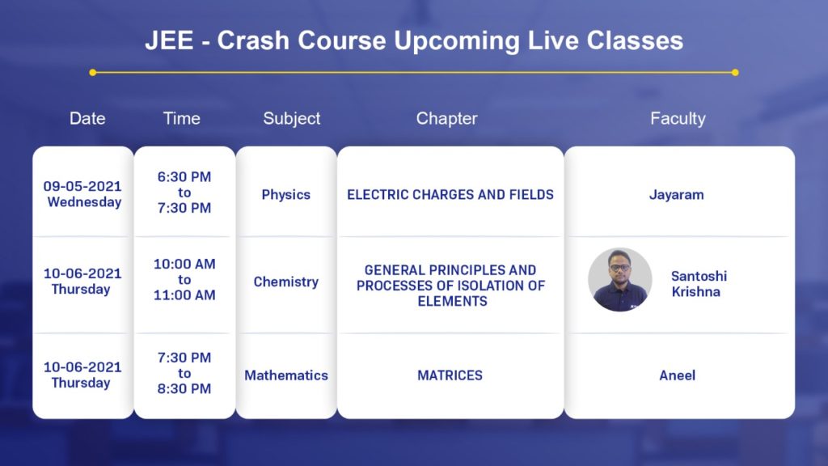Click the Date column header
(87, 118)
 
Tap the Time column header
(182, 118)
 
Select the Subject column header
(291, 119)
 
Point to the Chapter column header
(446, 119)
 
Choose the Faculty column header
(678, 119)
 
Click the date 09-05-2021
(82, 186)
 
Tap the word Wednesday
(84, 201)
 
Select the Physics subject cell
(285, 195)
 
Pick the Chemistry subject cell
(285, 282)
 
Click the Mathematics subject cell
(285, 375)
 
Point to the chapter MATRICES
(450, 375)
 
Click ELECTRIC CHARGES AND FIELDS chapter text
(450, 194)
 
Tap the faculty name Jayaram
(677, 195)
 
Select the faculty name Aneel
(677, 375)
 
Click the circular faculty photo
(620, 279)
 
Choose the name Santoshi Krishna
(699, 284)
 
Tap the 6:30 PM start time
(184, 176)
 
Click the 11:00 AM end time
(184, 294)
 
